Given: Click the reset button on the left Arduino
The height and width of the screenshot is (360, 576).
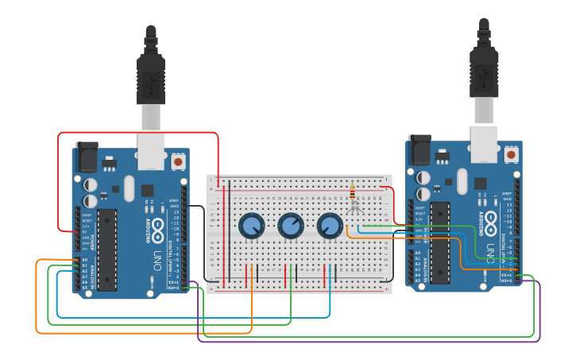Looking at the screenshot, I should [x=178, y=161].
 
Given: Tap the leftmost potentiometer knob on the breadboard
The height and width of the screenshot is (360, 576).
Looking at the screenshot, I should [x=252, y=226].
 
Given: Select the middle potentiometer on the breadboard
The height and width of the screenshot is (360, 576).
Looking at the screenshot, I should [x=291, y=226].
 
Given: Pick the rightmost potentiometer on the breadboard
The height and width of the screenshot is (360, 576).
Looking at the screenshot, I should [x=330, y=226].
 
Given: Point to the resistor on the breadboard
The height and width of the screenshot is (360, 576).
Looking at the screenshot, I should [x=353, y=193].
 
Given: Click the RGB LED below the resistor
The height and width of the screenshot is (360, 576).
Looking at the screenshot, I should [x=354, y=208].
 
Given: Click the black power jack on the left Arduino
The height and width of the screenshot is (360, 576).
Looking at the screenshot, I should [x=85, y=157].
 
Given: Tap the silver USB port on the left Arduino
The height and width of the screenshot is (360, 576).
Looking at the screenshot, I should [x=151, y=151].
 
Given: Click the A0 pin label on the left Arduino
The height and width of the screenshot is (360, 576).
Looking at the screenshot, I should [x=84, y=260].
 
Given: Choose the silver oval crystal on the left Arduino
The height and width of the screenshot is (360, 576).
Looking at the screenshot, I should [x=130, y=188].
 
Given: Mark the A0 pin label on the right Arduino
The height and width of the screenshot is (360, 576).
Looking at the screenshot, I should [x=418, y=253].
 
